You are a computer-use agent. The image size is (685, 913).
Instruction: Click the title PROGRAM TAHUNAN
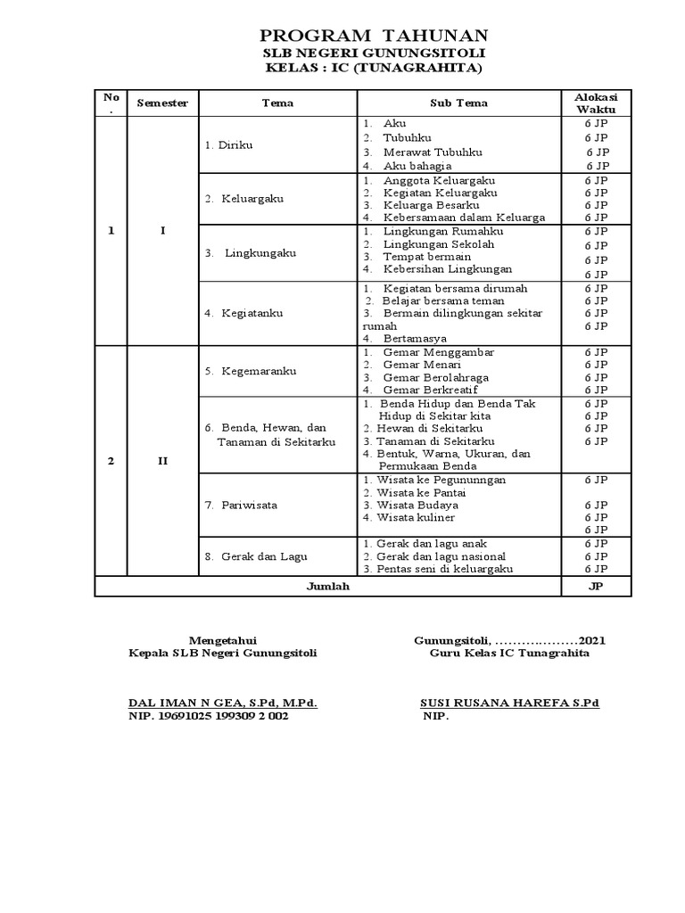coord(374,36)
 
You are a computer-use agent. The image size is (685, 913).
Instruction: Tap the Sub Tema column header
coord(458,103)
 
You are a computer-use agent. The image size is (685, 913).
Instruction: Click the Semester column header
coord(162,103)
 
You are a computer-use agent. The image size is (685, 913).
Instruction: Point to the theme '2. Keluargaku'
coord(243,198)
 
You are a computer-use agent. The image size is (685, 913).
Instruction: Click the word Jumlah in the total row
coord(327,586)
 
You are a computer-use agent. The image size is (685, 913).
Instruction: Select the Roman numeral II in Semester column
coord(162,461)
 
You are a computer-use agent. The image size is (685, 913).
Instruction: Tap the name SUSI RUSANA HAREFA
coord(497,703)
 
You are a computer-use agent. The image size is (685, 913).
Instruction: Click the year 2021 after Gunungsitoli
coord(593,640)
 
